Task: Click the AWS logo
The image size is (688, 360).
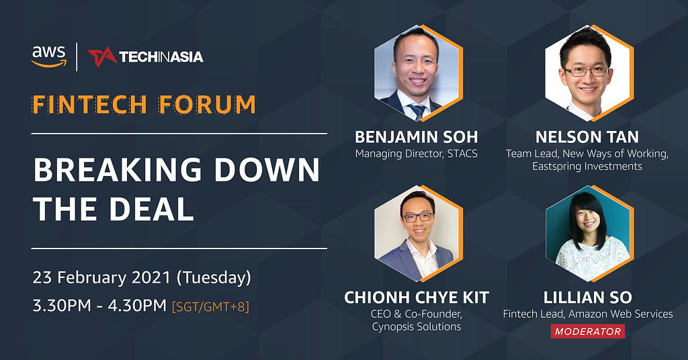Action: (48, 56)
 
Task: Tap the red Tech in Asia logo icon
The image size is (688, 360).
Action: (102, 57)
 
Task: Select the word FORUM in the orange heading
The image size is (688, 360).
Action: (207, 105)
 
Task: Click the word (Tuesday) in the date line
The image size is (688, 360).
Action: (214, 278)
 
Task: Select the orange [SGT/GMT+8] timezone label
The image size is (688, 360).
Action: (210, 306)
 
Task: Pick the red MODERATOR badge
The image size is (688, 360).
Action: (587, 332)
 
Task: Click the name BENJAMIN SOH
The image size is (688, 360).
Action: (417, 137)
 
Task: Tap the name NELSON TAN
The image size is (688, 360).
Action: (587, 137)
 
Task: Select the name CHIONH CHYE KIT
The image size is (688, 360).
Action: (417, 298)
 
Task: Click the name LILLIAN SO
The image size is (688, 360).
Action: (587, 298)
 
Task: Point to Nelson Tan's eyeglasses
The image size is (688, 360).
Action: (586, 71)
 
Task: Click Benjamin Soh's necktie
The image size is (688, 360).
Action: (417, 111)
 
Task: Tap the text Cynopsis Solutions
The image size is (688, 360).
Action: (417, 326)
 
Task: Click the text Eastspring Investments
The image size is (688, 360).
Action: (587, 166)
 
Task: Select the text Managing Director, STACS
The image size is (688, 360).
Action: (417, 154)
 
